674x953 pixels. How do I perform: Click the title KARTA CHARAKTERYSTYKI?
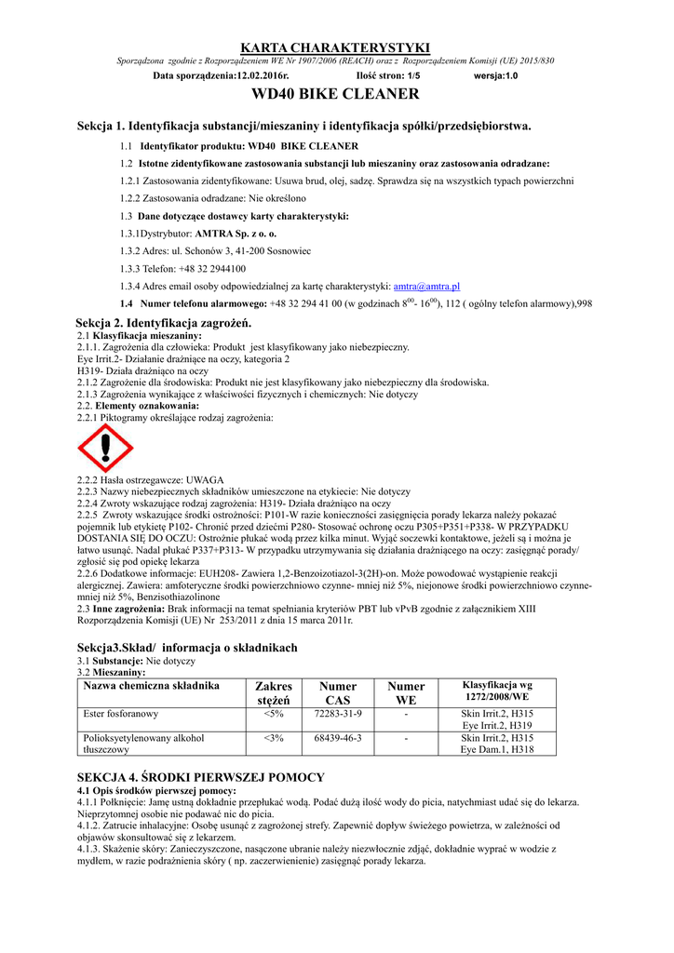pyautogui.click(x=335, y=47)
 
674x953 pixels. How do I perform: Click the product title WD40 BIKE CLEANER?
pyautogui.click(x=335, y=94)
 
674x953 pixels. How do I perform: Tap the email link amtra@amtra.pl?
pyautogui.click(x=427, y=286)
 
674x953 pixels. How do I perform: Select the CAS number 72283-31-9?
pyautogui.click(x=338, y=713)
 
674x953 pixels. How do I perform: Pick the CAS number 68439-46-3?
pyautogui.click(x=338, y=737)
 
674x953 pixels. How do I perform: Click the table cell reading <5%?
pyautogui.click(x=274, y=713)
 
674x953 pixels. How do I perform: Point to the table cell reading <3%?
pyautogui.click(x=274, y=737)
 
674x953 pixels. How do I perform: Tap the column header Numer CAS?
pyautogui.click(x=338, y=692)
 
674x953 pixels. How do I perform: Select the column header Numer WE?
pyautogui.click(x=406, y=692)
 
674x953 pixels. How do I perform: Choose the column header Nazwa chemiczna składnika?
pyautogui.click(x=152, y=686)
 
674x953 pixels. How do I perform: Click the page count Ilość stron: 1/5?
pyautogui.click(x=388, y=75)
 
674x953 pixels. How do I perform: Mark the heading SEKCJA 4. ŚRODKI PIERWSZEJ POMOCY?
pyautogui.click(x=200, y=777)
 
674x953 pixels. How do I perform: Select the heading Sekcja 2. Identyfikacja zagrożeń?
pyautogui.click(x=164, y=322)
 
